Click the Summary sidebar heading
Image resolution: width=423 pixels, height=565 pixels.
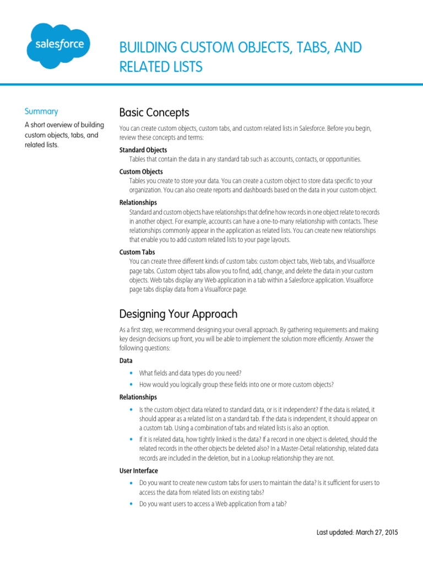41,111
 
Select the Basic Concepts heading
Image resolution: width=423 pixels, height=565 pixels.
154,113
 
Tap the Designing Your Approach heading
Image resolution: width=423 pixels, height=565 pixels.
178,314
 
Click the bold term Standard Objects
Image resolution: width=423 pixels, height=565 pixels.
143,150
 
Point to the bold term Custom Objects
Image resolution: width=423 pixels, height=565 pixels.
141,172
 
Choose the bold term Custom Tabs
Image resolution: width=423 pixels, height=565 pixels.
137,252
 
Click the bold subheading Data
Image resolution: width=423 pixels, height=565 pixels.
126,360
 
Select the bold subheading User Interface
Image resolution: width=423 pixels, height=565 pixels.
139,471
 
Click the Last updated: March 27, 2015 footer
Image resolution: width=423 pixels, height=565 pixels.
357,532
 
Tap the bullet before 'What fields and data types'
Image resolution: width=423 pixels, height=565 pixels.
131,374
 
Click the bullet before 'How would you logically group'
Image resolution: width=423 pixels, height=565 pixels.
131,385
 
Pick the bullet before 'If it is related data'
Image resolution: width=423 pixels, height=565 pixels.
131,440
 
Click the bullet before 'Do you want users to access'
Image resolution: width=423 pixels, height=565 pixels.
131,504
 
